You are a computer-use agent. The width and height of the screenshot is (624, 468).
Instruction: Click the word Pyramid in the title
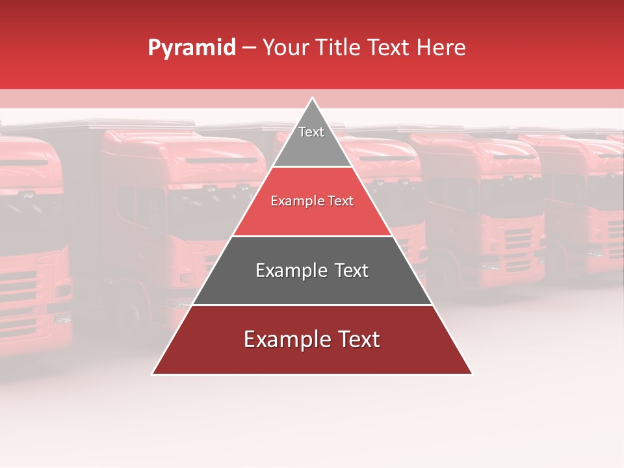(192, 48)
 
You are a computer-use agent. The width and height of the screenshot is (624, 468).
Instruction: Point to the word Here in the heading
(441, 48)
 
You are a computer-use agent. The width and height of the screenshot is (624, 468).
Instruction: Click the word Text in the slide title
(390, 48)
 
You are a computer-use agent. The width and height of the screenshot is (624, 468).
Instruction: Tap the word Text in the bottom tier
(358, 339)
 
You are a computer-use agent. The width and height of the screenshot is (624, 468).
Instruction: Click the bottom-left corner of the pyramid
(153, 374)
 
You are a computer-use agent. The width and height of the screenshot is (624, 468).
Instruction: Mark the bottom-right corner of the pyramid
(472, 374)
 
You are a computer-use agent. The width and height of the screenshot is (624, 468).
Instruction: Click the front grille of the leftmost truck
(23, 292)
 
